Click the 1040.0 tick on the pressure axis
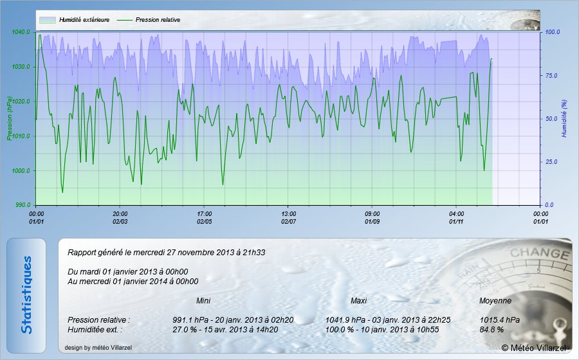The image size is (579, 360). click(21, 32)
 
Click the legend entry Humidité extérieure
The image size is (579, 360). click(84, 20)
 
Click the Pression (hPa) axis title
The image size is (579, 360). click(10, 118)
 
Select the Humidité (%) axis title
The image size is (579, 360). click(564, 118)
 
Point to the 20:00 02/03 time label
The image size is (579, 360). click(120, 217)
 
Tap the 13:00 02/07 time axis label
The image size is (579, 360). click(289, 217)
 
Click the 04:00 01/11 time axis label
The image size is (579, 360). click(457, 217)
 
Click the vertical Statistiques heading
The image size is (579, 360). click(26, 295)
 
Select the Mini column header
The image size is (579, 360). click(203, 301)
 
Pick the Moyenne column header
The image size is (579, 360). click(495, 301)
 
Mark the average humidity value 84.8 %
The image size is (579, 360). click(492, 329)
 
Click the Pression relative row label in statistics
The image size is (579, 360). click(98, 319)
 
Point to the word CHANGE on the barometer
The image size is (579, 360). click(531, 253)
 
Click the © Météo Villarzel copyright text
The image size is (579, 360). click(534, 348)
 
